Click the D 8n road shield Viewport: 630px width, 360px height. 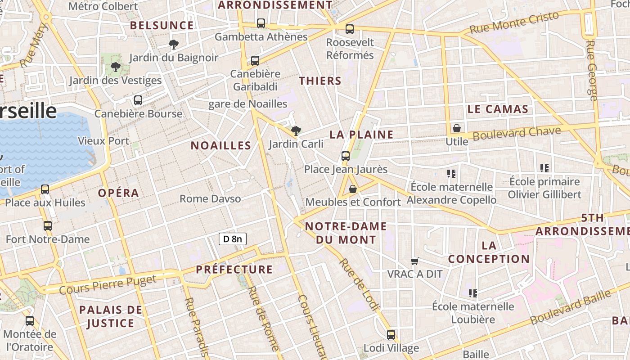click(x=233, y=238)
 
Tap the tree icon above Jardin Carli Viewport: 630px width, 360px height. click(x=296, y=131)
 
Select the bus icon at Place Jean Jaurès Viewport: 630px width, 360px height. click(x=346, y=156)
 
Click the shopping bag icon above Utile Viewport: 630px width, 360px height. click(x=457, y=128)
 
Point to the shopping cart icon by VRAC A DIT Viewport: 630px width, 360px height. click(x=415, y=261)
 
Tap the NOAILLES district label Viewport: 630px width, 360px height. click(x=220, y=145)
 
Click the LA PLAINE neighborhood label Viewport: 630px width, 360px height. click(x=361, y=135)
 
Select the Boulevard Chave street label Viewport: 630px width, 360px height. click(x=517, y=133)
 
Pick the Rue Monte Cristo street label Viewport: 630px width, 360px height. click(x=514, y=22)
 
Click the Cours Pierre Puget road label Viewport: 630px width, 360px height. click(x=108, y=284)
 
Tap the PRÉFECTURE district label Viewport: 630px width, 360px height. click(x=234, y=270)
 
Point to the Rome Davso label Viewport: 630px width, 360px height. click(x=210, y=198)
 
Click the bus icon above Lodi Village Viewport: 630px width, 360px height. click(x=391, y=335)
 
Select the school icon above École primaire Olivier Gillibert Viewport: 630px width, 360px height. click(x=544, y=168)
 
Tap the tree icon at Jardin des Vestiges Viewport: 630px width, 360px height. click(x=115, y=67)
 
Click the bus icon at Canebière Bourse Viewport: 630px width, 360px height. click(x=138, y=100)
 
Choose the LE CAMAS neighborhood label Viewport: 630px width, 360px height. click(x=497, y=109)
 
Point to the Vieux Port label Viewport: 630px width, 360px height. click(x=103, y=141)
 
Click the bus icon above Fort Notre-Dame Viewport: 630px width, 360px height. click(x=47, y=226)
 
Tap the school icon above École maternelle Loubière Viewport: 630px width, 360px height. click(x=472, y=293)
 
